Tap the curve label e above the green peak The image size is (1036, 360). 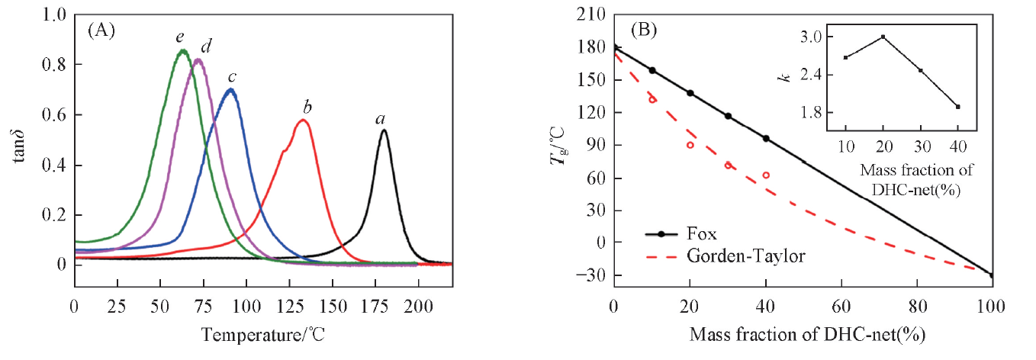[180, 37]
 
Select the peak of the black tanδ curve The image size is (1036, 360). [384, 130]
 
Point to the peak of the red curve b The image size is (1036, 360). [303, 120]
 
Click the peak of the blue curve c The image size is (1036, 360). [230, 90]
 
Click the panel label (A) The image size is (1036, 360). [101, 31]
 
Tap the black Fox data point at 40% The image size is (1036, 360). [766, 138]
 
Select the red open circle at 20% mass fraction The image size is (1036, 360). [690, 145]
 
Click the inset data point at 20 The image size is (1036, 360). [883, 37]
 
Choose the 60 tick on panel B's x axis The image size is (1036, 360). [841, 306]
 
